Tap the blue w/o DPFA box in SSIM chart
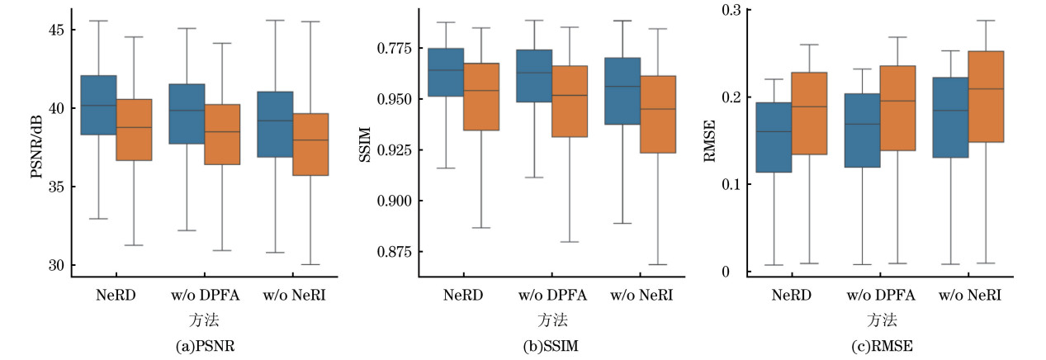pos(534,76)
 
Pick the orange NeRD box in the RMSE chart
pos(809,113)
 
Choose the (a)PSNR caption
pos(204,347)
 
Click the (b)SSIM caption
pos(551,347)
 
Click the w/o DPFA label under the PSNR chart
pos(204,295)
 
